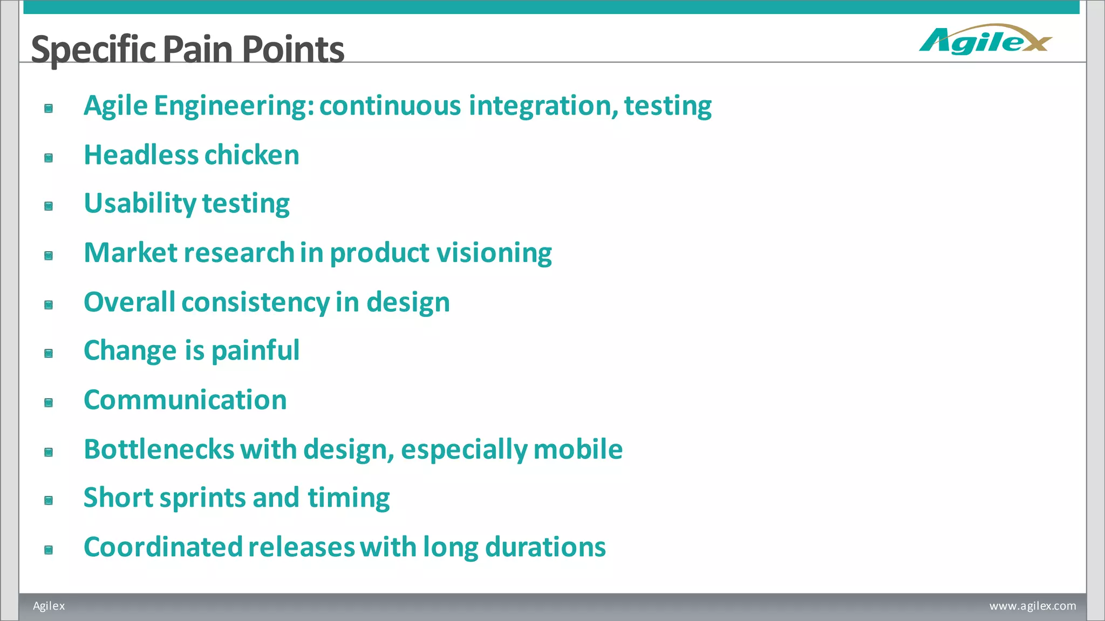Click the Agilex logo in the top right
point(985,40)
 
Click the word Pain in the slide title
point(197,50)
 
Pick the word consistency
point(255,302)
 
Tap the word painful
point(255,351)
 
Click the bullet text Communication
point(185,400)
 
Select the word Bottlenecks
point(159,450)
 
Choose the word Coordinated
point(163,547)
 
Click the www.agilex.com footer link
point(1032,606)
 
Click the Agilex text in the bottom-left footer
point(49,606)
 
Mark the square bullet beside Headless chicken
point(49,158)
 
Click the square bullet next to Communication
point(49,403)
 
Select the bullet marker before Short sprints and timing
point(49,501)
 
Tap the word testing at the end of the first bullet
point(668,106)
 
